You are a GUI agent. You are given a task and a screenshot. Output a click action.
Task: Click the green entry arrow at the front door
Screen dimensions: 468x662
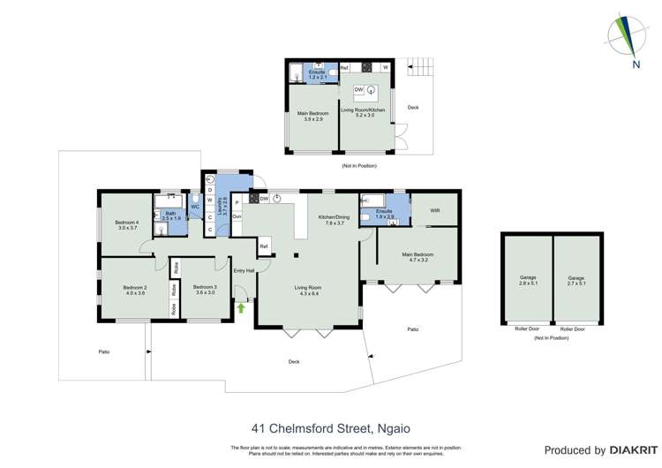click(x=241, y=307)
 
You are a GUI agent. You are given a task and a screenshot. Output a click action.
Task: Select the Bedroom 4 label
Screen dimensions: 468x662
click(x=127, y=225)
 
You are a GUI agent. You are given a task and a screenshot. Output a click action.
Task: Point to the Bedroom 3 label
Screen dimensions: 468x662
click(x=205, y=290)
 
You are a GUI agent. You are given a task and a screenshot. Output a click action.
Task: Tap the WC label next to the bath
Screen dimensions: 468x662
click(x=194, y=207)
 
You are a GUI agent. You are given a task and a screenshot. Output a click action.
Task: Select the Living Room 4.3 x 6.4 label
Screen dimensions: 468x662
click(x=308, y=291)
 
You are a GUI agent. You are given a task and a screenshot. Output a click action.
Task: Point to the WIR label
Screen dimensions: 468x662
click(x=434, y=211)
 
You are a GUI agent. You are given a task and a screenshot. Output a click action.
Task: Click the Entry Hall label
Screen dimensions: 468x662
click(x=244, y=270)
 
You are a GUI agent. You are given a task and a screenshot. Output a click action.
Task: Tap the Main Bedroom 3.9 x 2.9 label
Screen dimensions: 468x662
click(x=312, y=117)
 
